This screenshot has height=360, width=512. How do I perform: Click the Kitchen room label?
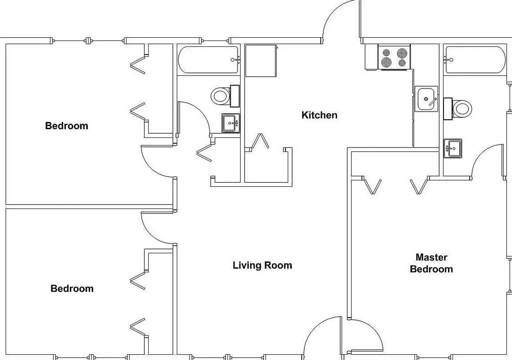click(x=319, y=115)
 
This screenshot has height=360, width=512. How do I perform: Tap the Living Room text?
click(x=262, y=265)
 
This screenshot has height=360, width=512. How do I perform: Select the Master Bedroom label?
click(x=431, y=263)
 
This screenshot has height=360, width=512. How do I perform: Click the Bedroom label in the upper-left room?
click(x=67, y=126)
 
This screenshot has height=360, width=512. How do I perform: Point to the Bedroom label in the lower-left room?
click(x=72, y=288)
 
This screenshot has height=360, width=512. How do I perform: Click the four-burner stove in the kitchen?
click(x=394, y=57)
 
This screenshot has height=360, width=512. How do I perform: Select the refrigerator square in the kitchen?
click(x=261, y=61)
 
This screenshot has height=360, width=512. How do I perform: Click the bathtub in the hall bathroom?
click(x=209, y=60)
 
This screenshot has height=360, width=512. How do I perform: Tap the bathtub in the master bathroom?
click(x=475, y=60)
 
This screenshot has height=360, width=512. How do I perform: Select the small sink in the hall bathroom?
click(x=230, y=123)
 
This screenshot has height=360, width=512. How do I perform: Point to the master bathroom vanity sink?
click(x=453, y=148)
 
